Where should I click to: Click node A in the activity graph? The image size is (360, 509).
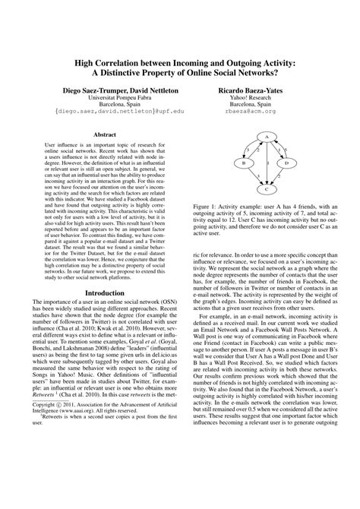click(267, 136)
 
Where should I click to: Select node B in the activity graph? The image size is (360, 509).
click(243, 163)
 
